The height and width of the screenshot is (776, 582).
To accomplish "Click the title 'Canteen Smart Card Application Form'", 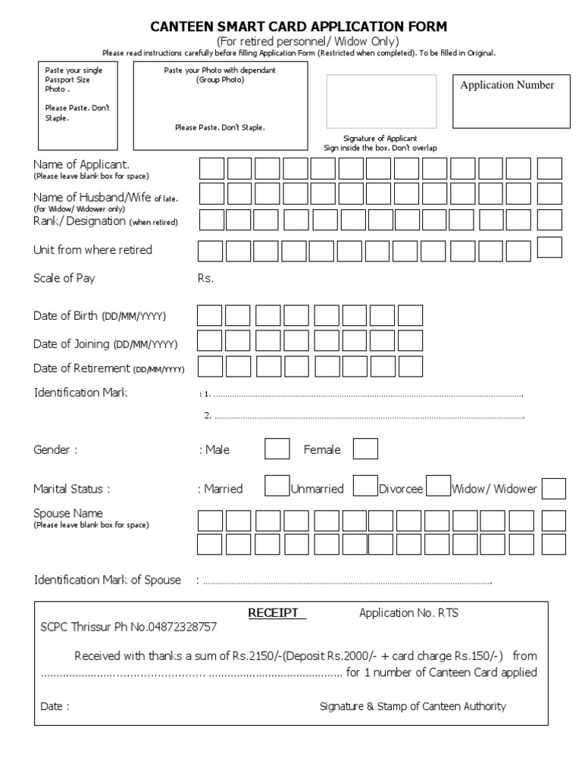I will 299,27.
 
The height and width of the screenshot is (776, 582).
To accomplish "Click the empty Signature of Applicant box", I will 381,102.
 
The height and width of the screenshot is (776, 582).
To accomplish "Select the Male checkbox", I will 277,449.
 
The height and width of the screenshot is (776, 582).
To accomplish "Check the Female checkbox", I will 365,449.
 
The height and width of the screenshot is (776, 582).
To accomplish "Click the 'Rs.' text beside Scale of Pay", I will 205,278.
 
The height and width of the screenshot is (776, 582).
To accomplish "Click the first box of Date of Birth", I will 210,315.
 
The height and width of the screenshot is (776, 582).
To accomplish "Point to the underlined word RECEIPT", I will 276,613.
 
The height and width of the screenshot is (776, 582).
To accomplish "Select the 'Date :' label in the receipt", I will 55,706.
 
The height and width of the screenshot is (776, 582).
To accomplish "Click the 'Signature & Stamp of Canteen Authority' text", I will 412,706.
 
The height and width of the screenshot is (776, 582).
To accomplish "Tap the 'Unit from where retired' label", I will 92,250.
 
